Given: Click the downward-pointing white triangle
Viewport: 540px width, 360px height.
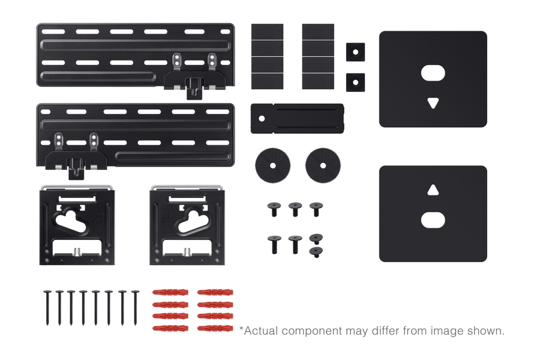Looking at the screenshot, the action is coord(433,103).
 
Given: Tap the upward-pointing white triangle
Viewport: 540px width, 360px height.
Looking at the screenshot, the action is coord(433,190).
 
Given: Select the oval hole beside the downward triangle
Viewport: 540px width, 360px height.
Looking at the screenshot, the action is coord(433,73).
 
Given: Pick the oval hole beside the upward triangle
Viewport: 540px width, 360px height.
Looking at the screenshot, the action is coord(433,220).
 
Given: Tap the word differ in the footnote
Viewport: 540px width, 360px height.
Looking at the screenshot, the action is coord(386,331).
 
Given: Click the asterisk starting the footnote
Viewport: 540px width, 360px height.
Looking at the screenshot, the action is coord(241,329).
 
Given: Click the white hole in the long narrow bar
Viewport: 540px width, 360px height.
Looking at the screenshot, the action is coord(262,119).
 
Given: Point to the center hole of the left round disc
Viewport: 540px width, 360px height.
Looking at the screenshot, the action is coord(273,166).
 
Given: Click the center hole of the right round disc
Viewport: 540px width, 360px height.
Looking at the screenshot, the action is coord(323,166).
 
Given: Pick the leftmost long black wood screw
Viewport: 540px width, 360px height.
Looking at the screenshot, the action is coord(47,308).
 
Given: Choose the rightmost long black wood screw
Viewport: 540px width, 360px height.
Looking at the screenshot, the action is coord(136,308).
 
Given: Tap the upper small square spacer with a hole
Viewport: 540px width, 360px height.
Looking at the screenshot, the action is coord(355,52).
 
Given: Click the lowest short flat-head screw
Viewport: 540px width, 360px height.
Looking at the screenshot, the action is coord(316,252).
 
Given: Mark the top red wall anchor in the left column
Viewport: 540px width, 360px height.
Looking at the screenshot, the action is coord(170,292).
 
